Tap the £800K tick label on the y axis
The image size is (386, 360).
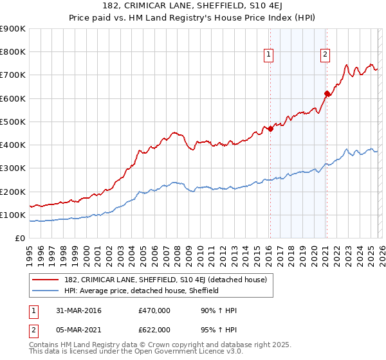click(x=13, y=52)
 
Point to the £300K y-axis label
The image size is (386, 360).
click(x=13, y=168)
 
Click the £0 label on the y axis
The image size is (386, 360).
click(x=21, y=238)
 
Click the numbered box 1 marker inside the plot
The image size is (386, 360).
click(x=268, y=55)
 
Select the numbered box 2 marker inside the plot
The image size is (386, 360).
click(x=326, y=55)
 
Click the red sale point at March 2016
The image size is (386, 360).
click(x=270, y=129)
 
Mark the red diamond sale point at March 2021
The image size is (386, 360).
click(x=326, y=94)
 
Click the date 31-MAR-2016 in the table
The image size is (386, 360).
click(x=79, y=310)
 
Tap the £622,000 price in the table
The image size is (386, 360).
click(x=154, y=329)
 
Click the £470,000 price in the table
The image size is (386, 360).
click(x=154, y=310)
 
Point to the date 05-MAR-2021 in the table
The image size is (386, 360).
click(x=79, y=329)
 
